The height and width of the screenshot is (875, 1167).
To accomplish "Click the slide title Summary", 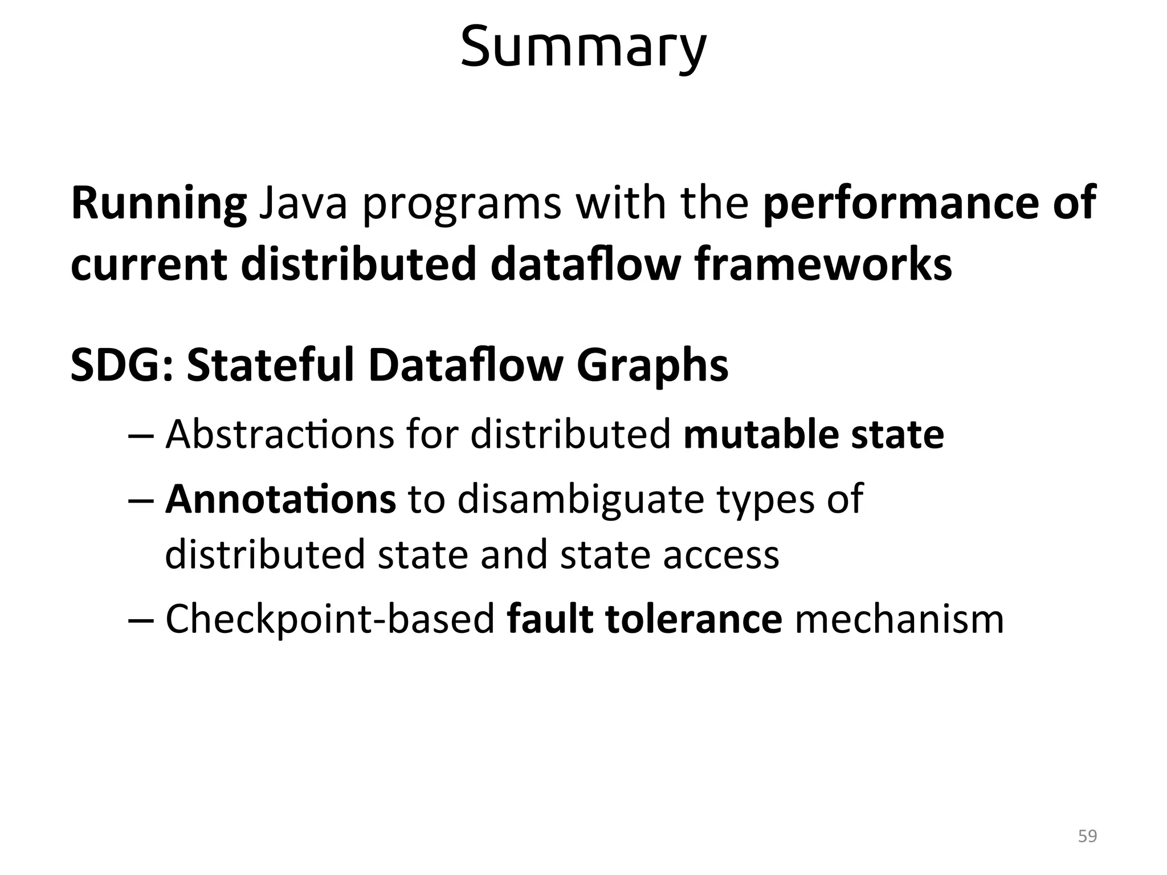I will [583, 47].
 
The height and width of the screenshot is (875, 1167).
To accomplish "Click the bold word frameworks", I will [823, 264].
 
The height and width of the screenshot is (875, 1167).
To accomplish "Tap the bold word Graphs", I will [652, 367].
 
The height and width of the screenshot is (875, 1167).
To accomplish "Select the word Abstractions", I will [279, 435].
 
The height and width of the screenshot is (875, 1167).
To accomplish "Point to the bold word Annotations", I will [280, 498].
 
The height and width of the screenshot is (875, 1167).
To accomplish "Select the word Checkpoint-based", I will [330, 620].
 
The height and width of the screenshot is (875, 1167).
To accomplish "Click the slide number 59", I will [1087, 836].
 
